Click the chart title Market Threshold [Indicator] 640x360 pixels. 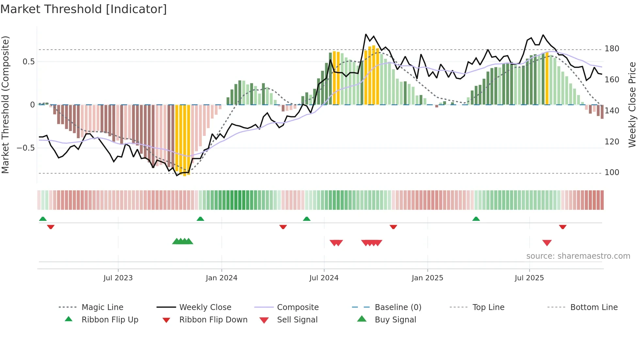84,9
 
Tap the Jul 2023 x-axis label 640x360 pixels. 118,278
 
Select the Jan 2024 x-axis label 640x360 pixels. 221,278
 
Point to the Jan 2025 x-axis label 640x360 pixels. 427,278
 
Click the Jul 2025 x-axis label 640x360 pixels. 529,278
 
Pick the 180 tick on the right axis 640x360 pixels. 612,49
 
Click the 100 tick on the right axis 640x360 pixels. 612,172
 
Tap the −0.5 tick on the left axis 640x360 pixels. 25,148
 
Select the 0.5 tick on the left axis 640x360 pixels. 28,62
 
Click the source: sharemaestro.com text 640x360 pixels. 578,256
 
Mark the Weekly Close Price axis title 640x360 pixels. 632,105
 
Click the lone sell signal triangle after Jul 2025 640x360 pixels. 547,243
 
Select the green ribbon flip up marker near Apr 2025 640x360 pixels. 476,219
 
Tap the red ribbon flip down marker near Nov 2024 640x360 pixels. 393,227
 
